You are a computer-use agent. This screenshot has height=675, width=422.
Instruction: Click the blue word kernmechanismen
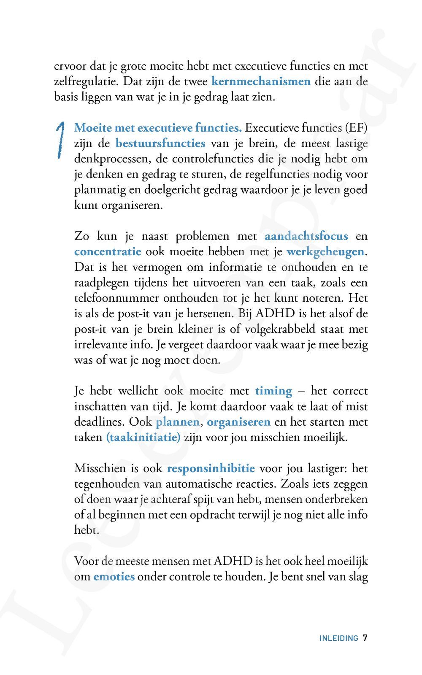pos(260,81)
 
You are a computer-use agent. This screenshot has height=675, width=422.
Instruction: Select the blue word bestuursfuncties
pos(160,143)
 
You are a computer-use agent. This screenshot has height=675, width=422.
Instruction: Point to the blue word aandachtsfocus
pos(306,236)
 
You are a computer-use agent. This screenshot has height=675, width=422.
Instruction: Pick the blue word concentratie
pos(108,251)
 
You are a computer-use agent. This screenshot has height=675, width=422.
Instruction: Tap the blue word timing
pos(273,391)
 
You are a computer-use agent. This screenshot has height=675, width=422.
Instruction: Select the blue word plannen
pos(177,421)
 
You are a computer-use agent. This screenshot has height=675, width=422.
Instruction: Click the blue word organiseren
pos(238,421)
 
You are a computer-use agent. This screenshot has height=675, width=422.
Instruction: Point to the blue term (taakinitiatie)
pos(143,437)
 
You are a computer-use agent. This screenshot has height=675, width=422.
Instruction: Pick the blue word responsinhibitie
pos(211,468)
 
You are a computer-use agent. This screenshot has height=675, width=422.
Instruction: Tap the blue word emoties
pos(114,576)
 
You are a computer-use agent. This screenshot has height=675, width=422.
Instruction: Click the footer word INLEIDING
pos(338,638)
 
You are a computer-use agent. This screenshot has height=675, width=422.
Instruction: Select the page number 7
pos(365,638)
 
